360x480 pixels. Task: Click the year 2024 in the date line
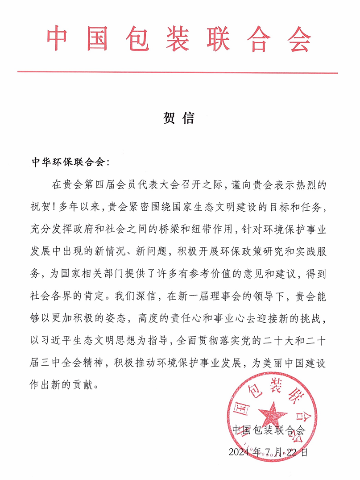click(x=241, y=452)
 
